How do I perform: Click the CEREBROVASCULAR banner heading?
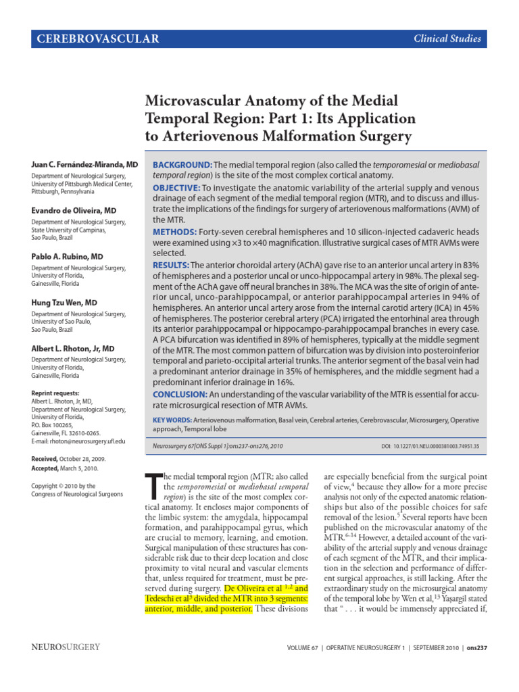[x=99, y=39]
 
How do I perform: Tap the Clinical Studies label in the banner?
[x=448, y=39]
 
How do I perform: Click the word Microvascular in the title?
[x=195, y=101]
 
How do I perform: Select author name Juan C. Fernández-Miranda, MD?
[x=84, y=165]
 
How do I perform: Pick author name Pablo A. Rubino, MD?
[x=67, y=257]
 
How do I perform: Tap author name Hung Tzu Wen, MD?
[x=64, y=303]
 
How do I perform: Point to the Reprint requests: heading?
[x=55, y=393]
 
